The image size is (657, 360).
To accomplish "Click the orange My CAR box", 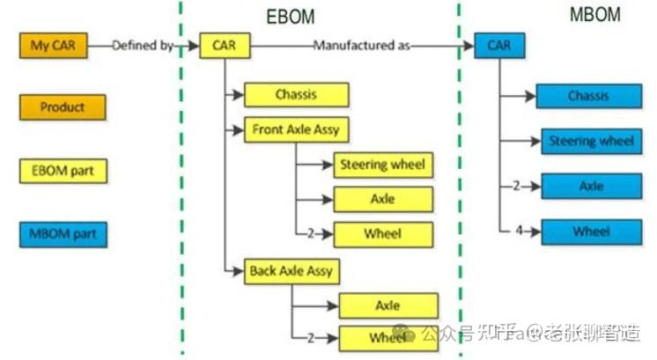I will coord(54,46).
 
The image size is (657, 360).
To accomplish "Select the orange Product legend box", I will coord(63,107).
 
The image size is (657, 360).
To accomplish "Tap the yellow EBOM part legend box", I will coord(63,171).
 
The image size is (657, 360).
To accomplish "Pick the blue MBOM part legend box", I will coord(63,235).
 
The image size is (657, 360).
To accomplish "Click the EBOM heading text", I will coord(290,17).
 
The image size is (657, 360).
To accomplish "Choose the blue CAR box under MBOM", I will coord(499,46).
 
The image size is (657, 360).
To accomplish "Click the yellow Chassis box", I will coord(296,95).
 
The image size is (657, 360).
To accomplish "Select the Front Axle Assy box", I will coord(296,130).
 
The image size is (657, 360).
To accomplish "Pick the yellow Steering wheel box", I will coord(383,165).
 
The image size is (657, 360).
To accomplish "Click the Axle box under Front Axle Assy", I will coord(383,200).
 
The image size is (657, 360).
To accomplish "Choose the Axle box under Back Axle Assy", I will coord(388,305).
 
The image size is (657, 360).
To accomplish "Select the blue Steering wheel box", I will coord(590,141).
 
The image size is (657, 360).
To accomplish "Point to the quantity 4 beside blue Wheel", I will coord(519,231).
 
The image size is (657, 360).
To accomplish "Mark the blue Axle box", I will coord(590,187).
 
